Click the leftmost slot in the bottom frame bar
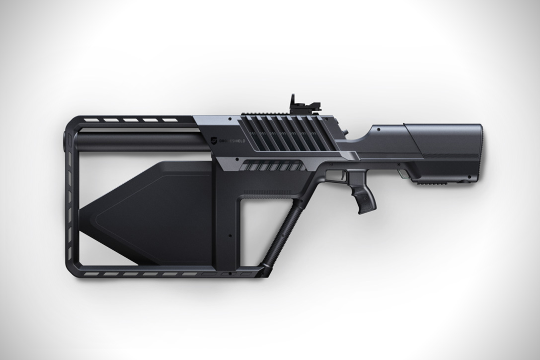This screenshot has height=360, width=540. point(90,273)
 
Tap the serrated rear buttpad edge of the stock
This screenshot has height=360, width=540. point(481,151)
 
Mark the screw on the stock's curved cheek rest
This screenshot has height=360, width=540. point(379,130)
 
